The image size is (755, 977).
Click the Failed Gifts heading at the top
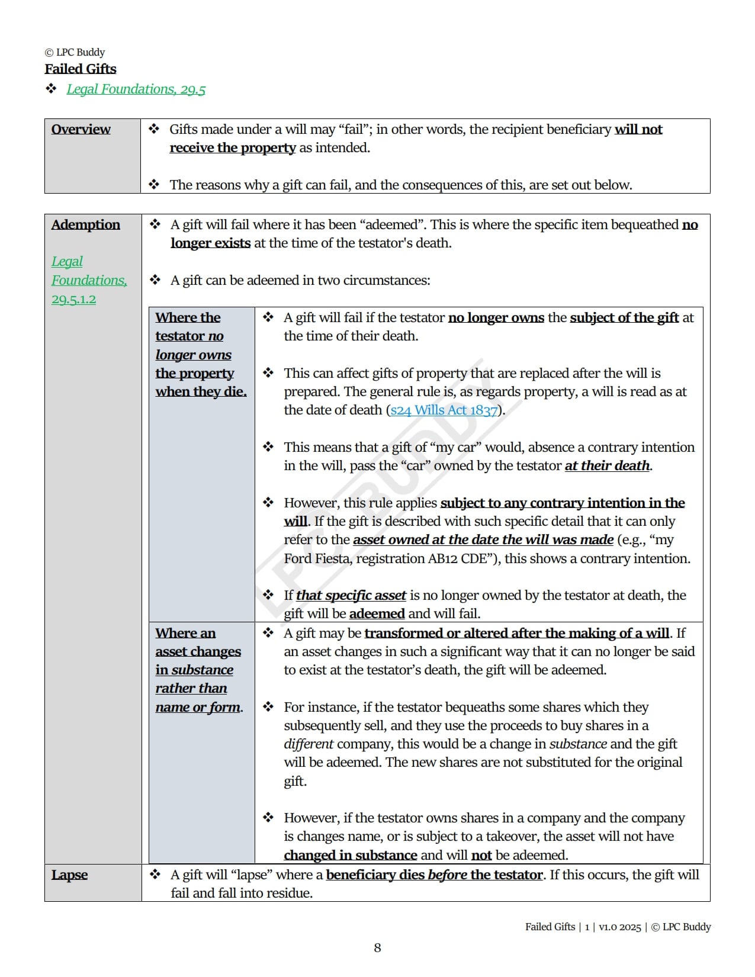coord(81,69)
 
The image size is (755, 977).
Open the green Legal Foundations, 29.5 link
coord(136,89)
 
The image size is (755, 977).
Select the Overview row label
coord(81,130)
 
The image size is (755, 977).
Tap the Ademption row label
coord(85,225)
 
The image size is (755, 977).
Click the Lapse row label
coord(69,875)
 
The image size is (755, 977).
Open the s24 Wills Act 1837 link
coord(444,410)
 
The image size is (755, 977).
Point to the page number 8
coord(377,948)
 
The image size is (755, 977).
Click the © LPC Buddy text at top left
coord(75,52)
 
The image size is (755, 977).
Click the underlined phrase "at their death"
coord(607,466)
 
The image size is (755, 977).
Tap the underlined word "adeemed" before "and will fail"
coord(377,614)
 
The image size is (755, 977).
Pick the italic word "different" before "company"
coord(309,744)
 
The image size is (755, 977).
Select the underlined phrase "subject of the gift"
coord(624,318)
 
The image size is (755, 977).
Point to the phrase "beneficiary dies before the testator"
coord(434,875)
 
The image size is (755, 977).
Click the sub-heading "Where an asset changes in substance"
coord(198,652)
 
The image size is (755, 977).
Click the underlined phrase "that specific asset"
coord(351,596)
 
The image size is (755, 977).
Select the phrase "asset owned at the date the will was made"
coord(483,540)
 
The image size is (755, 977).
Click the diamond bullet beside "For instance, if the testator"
coord(268,707)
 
